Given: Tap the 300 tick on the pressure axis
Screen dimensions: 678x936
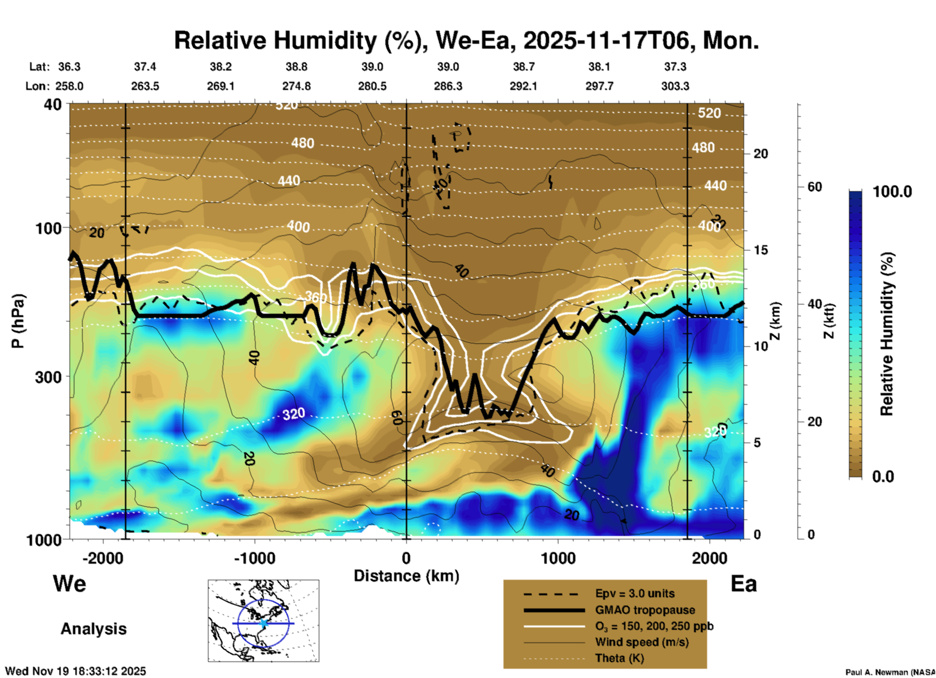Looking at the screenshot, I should tap(48, 377).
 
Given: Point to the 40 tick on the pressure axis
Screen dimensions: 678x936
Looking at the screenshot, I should tap(53, 105).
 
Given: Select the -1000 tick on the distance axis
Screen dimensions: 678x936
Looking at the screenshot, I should tap(254, 558).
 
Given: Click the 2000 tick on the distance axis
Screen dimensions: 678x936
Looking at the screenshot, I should tap(710, 558).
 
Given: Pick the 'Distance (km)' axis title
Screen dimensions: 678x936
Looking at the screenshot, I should tap(406, 576).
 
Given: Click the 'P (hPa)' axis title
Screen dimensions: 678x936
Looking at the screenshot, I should tap(18, 321).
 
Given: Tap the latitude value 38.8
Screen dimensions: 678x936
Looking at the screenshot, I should tap(296, 67).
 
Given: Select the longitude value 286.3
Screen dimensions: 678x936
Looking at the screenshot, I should tap(448, 86).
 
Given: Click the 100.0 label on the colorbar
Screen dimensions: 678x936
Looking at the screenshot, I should tap(892, 192).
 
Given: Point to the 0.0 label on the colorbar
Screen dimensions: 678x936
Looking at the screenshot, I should tap(883, 477).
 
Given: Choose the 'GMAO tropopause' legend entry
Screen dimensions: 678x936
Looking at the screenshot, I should tap(645, 610).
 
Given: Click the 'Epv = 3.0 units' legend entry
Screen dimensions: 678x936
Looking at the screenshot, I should tap(635, 594).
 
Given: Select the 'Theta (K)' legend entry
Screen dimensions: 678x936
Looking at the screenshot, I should tap(619, 659).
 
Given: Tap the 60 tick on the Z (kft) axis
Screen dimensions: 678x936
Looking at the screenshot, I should tap(815, 187).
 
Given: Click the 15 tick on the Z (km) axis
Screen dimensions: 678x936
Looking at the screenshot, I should tap(760, 250).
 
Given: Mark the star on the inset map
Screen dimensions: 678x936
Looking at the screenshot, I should tap(264, 623).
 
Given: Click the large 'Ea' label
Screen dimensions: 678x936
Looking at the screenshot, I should tap(744, 584).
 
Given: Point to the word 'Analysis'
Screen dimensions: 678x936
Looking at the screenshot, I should tap(93, 629).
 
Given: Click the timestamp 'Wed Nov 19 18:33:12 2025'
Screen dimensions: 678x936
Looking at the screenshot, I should tap(75, 671).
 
